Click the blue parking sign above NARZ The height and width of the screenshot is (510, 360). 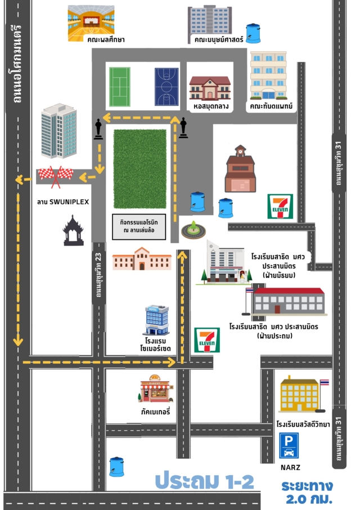pos(289,445)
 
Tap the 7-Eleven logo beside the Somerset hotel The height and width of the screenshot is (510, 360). pos(207,340)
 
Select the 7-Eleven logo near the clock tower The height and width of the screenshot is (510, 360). pos(280,206)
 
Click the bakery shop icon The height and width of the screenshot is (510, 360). pos(155,388)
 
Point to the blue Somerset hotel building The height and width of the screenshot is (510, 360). pos(156,320)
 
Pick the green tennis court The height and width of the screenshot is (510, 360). pos(120,87)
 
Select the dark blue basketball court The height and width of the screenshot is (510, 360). pos(166,87)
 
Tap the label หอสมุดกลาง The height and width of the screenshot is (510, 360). pos(211,106)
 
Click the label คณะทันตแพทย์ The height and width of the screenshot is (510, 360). pos(271,106)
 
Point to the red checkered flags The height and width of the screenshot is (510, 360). pos(56,176)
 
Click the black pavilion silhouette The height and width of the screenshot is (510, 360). pos(73,230)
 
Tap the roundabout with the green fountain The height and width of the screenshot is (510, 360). pos(193,230)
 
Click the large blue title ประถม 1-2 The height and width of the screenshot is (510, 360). pos(204,481)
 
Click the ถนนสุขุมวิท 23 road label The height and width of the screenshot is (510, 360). pos(98,275)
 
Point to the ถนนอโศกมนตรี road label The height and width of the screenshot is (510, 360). pos(17,64)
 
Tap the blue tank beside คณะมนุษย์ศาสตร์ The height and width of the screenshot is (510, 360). pos(253,33)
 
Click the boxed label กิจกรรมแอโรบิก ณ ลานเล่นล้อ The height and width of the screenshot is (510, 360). pos(139,226)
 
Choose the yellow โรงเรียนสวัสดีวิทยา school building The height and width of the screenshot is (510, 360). pos(300,393)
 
